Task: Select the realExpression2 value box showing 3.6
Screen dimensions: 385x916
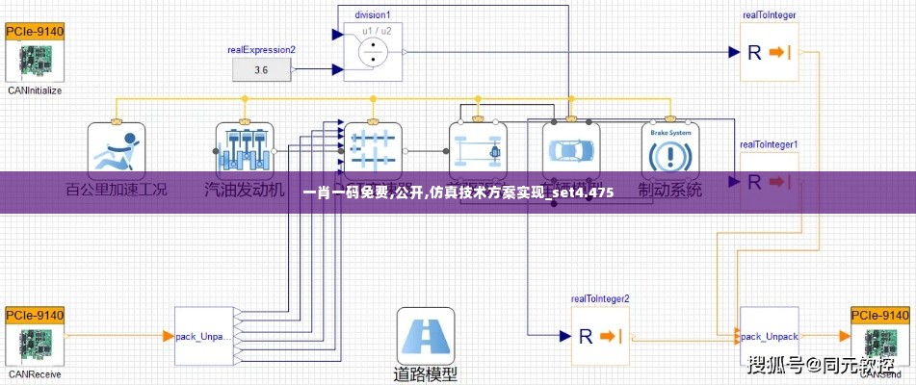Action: [262, 69]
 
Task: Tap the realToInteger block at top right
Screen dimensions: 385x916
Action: [769, 52]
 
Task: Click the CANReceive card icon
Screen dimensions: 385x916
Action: [35, 345]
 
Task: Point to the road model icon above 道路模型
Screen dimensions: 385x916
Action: [425, 336]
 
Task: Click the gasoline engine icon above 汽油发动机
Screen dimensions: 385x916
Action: [245, 150]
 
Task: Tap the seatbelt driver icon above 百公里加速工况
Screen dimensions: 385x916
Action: [116, 150]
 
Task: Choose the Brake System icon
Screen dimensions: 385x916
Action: [670, 150]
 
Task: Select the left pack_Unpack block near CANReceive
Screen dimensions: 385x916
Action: [203, 336]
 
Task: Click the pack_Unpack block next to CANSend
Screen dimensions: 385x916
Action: [769, 336]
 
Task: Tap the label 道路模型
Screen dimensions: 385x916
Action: [425, 373]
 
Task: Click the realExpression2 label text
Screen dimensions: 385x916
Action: [261, 49]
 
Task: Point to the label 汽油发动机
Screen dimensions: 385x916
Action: [245, 190]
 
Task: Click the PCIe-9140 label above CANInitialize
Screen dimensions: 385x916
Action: [35, 31]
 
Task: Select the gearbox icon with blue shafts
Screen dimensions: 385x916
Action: [373, 150]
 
